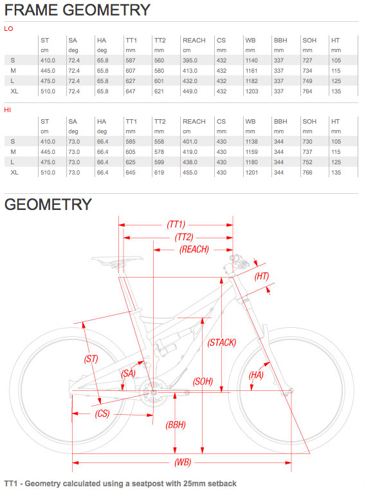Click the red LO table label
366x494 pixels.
tap(8, 29)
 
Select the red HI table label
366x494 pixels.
tap(8, 110)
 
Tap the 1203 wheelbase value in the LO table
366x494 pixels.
tap(252, 91)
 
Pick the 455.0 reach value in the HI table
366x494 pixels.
tap(190, 173)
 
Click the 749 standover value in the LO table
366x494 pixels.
tap(307, 81)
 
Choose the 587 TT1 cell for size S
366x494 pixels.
tap(131, 61)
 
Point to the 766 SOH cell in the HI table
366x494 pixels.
tap(307, 173)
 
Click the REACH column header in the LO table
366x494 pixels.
tap(194, 41)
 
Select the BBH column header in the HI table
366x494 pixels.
tap(280, 122)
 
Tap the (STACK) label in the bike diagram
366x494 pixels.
tap(221, 343)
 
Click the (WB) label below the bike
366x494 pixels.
tap(183, 462)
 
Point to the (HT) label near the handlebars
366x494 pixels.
tap(262, 276)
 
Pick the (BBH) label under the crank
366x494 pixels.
tap(176, 425)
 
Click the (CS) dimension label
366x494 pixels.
tap(102, 413)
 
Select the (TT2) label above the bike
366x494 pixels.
tap(184, 237)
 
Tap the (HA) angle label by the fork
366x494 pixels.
tap(256, 375)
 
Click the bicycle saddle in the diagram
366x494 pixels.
tap(117, 260)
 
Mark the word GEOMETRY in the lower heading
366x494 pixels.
tap(48, 204)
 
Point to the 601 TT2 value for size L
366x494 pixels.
tap(159, 81)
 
